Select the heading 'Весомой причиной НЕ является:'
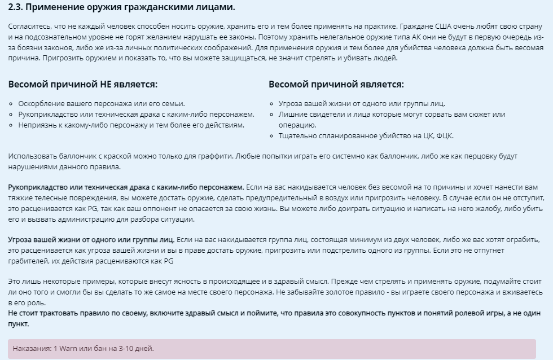point(82,84)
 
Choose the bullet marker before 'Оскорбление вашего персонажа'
point(12,104)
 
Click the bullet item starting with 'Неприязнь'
point(131,125)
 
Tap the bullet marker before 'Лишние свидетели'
point(272,115)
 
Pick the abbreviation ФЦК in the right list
point(443,135)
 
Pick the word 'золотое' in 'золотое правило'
point(361,292)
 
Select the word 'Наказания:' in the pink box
point(32,348)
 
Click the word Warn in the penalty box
point(68,348)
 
